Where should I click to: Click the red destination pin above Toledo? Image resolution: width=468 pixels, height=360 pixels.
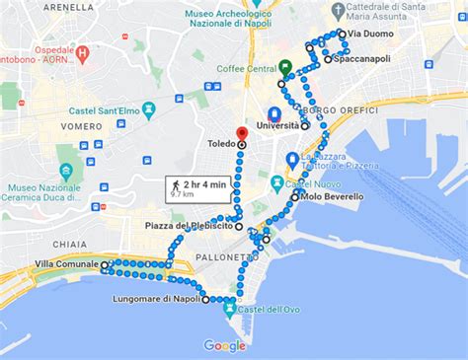[x=241, y=134]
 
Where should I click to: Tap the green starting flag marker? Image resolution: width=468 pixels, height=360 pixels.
[x=284, y=68]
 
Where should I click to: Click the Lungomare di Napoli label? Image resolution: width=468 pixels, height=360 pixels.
[x=157, y=299]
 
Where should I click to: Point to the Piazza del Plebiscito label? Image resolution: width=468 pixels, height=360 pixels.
[x=189, y=226]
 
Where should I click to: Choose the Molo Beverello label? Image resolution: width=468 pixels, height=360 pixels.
[x=334, y=197]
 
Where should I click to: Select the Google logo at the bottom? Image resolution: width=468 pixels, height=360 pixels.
[x=224, y=345]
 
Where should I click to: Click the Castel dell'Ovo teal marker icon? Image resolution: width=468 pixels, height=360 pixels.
[x=230, y=309]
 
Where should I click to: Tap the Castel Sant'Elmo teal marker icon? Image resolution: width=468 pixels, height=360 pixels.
[x=149, y=109]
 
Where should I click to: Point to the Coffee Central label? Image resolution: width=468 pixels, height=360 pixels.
[x=246, y=69]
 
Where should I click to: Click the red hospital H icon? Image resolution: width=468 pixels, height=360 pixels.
[x=83, y=52]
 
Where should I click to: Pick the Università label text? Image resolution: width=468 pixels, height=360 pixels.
[x=278, y=125]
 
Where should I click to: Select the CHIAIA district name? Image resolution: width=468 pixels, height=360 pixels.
[x=70, y=243]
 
